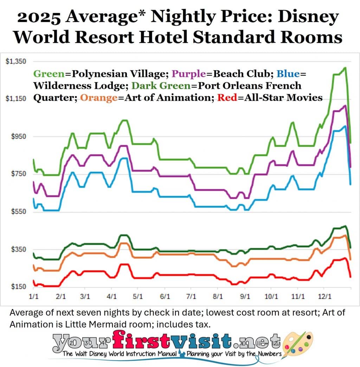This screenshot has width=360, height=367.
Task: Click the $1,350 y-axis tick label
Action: coord(16,62)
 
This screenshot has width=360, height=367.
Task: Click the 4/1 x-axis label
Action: coord(112,296)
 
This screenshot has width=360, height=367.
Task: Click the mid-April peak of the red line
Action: coord(123,264)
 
